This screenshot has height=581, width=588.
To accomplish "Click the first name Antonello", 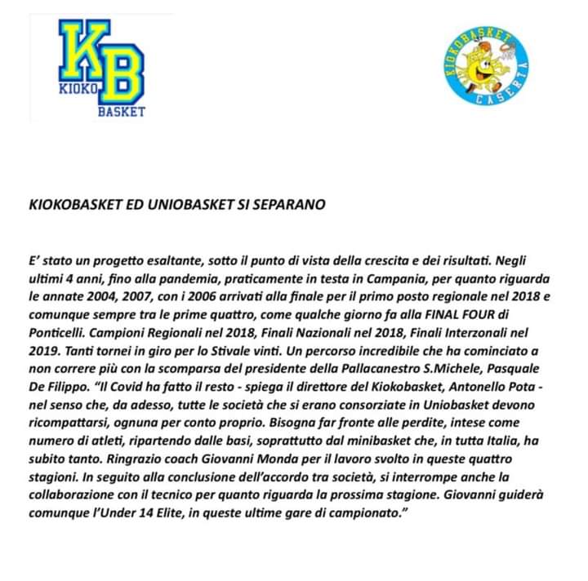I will pos(457,383).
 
